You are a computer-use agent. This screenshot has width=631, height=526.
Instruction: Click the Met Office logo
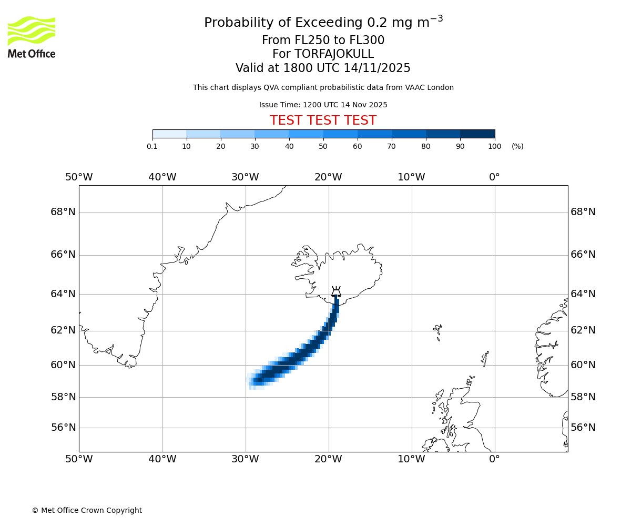[x=32, y=37]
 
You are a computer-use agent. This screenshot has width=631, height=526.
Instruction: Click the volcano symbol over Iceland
[x=336, y=292]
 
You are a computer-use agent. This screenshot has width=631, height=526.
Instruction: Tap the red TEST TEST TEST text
[x=323, y=120]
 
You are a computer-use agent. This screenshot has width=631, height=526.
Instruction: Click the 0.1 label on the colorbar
[x=152, y=146]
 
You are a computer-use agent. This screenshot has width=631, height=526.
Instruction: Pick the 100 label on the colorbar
[x=494, y=146]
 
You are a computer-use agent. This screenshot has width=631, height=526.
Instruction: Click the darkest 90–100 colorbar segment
[x=477, y=134]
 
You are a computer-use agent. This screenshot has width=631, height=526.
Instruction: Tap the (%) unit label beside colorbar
[x=517, y=146]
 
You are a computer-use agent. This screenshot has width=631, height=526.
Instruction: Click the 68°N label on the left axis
[x=63, y=212]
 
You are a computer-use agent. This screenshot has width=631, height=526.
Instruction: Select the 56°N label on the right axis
[x=583, y=428]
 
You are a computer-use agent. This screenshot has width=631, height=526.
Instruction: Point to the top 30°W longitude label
[x=245, y=177]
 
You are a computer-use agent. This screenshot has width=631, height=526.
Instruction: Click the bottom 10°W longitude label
[x=411, y=459]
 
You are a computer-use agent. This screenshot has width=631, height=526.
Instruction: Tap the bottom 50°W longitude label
[x=79, y=459]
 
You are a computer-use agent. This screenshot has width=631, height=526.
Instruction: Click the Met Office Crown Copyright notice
[x=87, y=510]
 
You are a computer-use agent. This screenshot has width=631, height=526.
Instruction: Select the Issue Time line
[x=323, y=105]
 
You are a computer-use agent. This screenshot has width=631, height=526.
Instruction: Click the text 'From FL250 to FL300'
[x=323, y=41]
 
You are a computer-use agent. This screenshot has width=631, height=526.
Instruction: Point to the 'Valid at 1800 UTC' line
[x=323, y=68]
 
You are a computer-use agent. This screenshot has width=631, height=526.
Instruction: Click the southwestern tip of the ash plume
[x=251, y=386]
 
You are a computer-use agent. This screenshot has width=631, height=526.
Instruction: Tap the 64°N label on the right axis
[x=583, y=294]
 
